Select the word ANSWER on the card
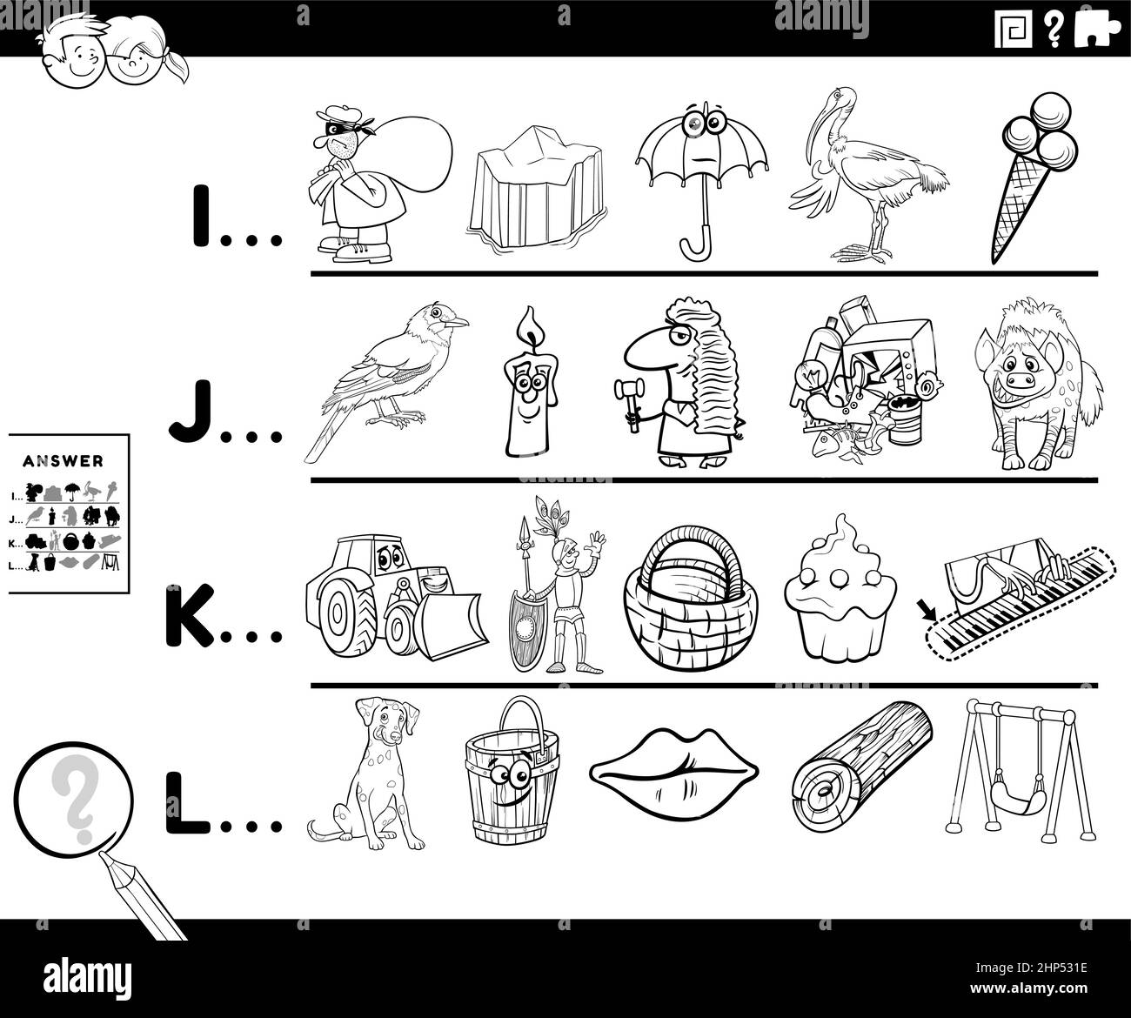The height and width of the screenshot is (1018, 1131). click(x=69, y=460)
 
